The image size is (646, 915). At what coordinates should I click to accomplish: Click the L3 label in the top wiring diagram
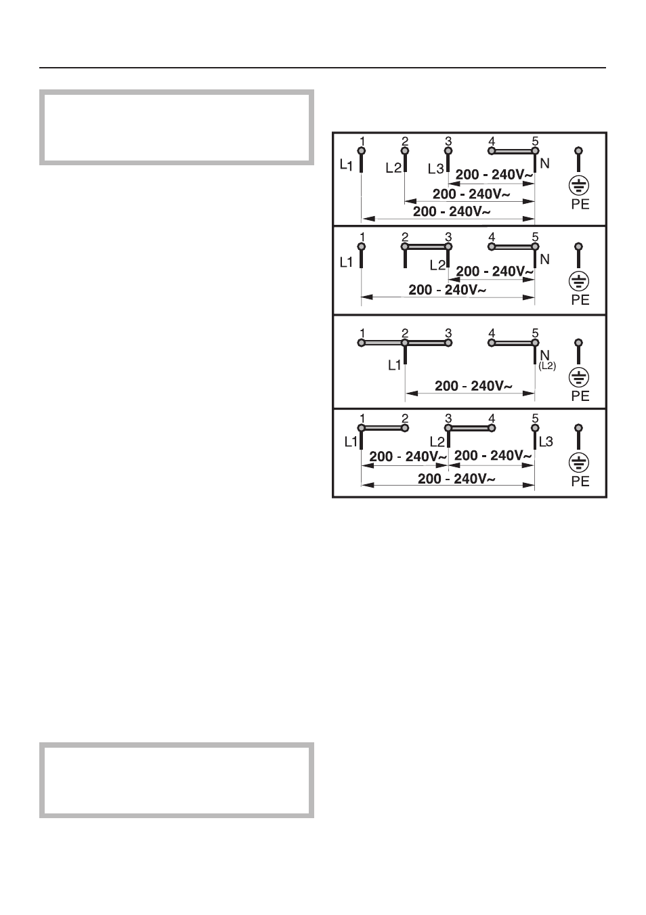point(435,169)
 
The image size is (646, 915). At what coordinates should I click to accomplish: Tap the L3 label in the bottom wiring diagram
point(546,442)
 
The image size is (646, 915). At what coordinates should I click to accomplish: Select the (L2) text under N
point(547,366)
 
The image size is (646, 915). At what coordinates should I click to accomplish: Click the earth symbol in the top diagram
point(578,186)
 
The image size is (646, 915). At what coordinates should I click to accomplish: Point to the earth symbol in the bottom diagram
point(578,463)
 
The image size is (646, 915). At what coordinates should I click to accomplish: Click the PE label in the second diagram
point(580,300)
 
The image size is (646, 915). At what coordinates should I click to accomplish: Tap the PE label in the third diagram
point(580,396)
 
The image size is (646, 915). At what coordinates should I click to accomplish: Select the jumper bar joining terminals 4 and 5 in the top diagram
point(513,152)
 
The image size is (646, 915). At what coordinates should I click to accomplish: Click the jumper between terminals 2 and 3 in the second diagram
point(427,247)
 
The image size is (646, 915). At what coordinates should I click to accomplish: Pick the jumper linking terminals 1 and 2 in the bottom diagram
point(383,428)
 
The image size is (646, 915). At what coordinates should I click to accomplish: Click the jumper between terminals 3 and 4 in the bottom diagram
point(470,428)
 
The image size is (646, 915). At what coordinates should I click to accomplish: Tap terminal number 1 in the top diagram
point(362,142)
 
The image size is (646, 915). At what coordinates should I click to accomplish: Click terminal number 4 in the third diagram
point(492,333)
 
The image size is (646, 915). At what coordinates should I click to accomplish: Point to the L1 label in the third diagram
point(395,365)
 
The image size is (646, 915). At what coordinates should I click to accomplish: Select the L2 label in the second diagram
point(437,265)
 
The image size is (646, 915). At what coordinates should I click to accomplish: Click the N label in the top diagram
point(544,164)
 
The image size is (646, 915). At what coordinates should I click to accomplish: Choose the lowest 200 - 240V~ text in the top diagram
point(452,211)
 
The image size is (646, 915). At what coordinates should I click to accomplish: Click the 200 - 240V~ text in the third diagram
point(473,385)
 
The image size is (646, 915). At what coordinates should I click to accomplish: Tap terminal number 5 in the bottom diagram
point(536,419)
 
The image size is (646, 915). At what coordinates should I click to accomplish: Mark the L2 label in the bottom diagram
point(437,442)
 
